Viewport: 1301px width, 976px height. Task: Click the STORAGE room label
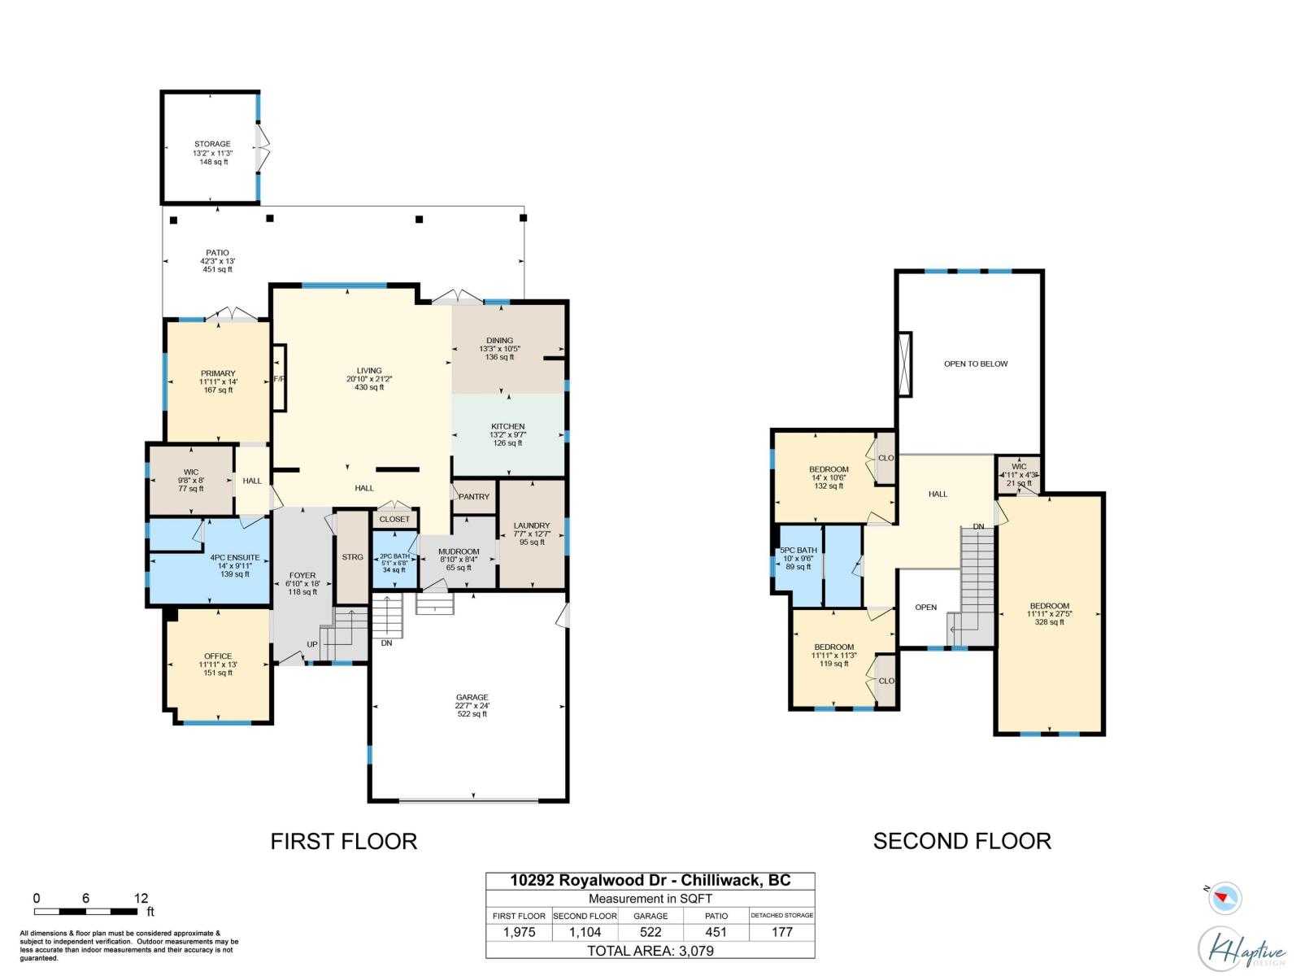212,144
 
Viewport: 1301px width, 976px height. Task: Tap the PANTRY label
474,497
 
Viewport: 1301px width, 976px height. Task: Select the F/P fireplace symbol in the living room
279,379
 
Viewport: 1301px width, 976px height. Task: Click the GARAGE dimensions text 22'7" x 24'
472,706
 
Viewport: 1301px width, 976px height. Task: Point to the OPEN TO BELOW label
976,364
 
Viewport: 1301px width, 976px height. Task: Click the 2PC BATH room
394,562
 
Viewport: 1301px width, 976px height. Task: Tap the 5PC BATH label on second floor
798,551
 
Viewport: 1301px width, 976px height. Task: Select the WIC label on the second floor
1019,467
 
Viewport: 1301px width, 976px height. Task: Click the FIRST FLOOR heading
344,841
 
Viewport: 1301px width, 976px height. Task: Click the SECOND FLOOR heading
962,841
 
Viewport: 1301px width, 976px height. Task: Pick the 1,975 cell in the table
519,932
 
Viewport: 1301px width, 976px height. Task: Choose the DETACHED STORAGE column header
781,915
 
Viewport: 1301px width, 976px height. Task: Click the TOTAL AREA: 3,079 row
650,951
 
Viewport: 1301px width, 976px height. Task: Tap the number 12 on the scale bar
141,899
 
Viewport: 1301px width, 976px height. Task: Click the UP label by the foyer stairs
312,645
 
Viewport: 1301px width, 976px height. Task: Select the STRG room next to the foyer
353,557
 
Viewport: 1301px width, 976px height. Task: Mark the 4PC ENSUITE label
235,558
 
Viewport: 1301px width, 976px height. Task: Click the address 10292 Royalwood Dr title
650,881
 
